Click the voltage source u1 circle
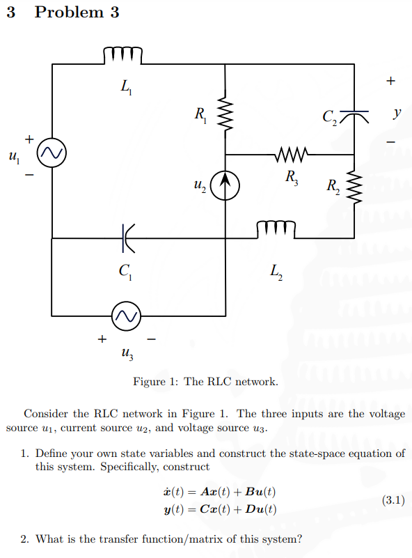(52, 154)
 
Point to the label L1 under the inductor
(125, 88)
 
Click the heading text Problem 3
(77, 13)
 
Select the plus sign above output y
(390, 82)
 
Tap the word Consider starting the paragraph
(47, 413)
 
